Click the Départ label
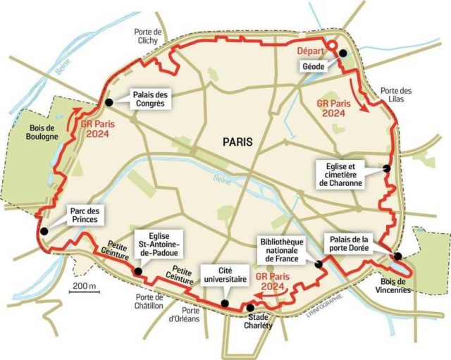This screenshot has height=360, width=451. (x=310, y=51)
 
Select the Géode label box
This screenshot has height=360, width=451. (x=311, y=66)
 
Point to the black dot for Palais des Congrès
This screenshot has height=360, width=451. (x=109, y=103)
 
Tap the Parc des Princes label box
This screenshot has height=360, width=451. (x=85, y=216)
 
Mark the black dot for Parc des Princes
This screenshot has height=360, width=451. (x=44, y=230)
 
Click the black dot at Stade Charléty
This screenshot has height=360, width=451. (x=251, y=307)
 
